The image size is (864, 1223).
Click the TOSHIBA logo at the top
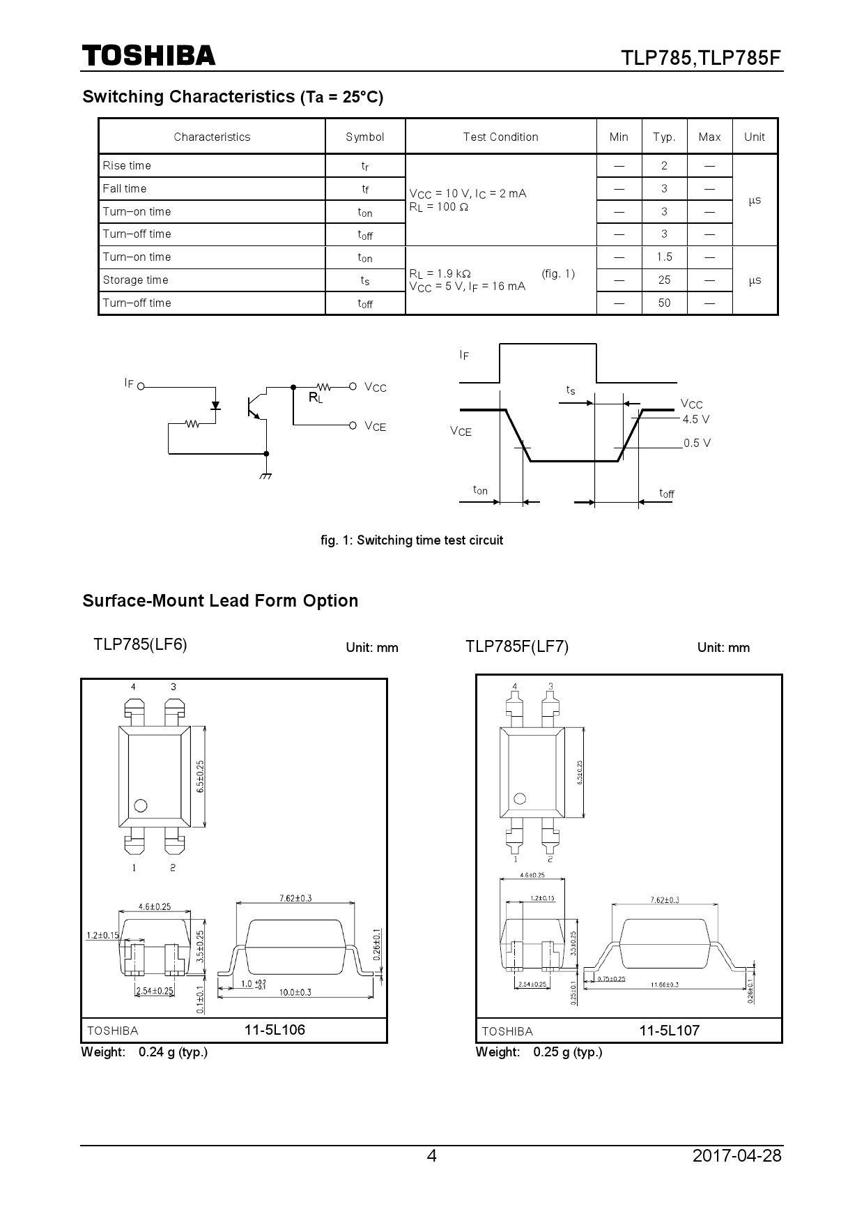click(148, 56)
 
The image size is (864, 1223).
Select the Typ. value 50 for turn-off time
click(663, 303)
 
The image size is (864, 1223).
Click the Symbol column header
click(364, 137)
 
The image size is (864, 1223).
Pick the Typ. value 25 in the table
click(663, 280)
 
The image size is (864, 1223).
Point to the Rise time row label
click(126, 166)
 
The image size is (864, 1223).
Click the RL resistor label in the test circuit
click(316, 398)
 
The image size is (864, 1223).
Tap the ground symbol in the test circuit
click(265, 476)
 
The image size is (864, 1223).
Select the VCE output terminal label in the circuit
click(375, 427)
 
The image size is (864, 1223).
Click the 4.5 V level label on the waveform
click(695, 420)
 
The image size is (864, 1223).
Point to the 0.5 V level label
click(696, 443)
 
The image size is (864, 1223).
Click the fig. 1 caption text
click(411, 540)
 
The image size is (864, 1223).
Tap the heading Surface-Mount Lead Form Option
click(220, 601)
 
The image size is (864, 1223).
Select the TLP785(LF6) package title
click(140, 644)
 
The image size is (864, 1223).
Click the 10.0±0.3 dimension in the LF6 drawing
click(295, 992)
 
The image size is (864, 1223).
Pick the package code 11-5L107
click(669, 1031)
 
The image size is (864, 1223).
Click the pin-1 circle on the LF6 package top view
click(140, 806)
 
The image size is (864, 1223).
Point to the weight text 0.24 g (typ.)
click(173, 1052)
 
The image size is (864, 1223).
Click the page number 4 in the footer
click(431, 1156)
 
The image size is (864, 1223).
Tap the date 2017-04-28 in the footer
click(737, 1156)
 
